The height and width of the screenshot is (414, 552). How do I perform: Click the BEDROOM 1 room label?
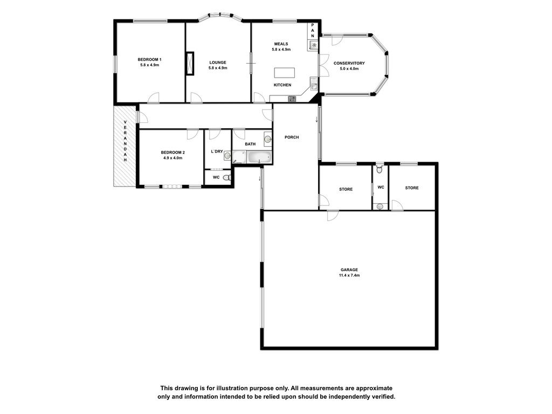(149, 59)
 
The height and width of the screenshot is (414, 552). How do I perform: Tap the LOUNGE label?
(218, 63)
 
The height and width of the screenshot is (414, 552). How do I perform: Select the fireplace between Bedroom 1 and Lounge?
(190, 64)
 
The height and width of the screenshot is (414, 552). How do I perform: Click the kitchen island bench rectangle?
(285, 73)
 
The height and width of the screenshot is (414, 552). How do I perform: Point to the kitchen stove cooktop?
(292, 99)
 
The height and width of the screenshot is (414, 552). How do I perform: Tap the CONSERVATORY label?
(349, 64)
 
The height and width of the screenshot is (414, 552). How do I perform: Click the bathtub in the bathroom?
(260, 157)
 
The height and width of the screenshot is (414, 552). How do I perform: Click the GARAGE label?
(349, 270)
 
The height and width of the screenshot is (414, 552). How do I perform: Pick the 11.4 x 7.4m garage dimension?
(349, 275)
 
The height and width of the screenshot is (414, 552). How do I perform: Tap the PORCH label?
(292, 137)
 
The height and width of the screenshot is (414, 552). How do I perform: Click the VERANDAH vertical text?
(125, 141)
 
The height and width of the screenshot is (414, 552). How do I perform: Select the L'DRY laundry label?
(217, 151)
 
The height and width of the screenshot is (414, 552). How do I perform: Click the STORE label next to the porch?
(346, 189)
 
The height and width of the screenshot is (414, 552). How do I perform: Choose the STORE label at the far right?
(412, 188)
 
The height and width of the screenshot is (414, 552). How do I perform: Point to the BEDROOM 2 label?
(173, 153)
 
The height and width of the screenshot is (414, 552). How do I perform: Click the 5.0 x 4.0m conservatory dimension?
(349, 69)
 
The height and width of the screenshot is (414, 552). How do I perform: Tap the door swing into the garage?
(333, 216)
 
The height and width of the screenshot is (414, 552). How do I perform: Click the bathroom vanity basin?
(268, 140)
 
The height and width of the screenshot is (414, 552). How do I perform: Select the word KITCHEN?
(282, 85)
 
